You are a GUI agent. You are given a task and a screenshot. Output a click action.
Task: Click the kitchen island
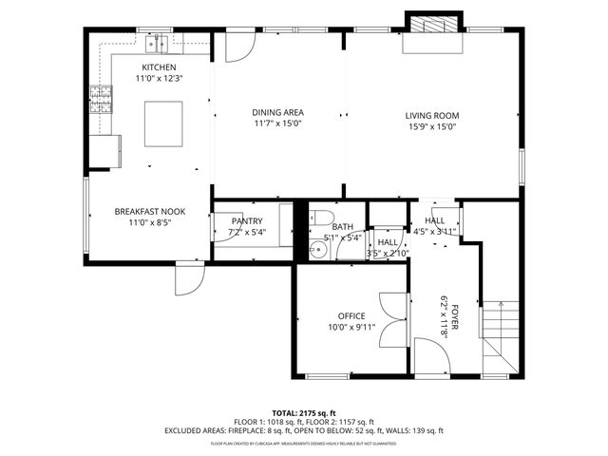[x=162, y=124]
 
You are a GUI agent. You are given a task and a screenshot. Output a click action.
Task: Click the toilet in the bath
[x=320, y=216]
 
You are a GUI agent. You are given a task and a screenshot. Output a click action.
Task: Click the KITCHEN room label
[x=159, y=67]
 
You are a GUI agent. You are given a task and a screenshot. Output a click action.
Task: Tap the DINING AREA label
[x=277, y=112]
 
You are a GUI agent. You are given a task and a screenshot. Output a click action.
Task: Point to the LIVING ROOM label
[x=433, y=116]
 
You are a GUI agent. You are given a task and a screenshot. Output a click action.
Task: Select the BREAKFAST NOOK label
[x=149, y=211]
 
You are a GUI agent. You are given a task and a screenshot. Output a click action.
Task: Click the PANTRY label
[x=247, y=220]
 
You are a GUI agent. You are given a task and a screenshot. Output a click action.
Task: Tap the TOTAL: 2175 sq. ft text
[x=303, y=414]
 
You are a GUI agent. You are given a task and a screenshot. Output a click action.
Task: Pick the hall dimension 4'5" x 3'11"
[x=435, y=231]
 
